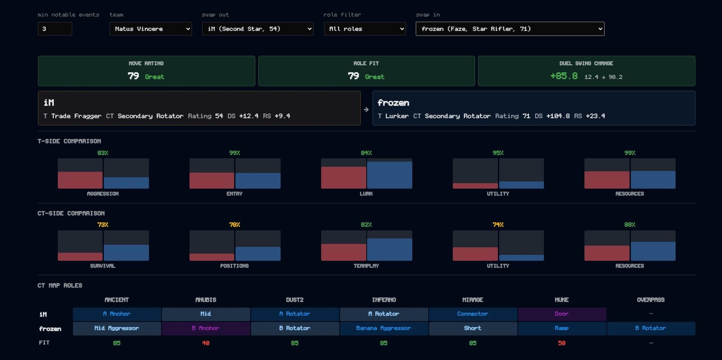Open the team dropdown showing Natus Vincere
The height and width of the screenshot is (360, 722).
151,29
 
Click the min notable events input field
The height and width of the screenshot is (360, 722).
55,29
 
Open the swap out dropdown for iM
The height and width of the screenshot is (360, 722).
258,29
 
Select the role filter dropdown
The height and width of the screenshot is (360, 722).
365,29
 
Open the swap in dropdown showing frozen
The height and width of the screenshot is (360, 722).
510,29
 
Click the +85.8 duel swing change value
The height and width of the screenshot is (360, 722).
564,76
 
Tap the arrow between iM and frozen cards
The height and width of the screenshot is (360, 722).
366,110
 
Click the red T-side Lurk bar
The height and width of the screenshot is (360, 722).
343,178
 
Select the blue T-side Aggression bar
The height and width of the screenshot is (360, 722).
126,183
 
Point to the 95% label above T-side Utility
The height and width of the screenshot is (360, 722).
498,153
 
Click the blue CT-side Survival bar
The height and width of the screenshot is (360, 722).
126,253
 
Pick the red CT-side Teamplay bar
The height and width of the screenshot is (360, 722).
343,252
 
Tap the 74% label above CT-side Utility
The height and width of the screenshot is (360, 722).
498,225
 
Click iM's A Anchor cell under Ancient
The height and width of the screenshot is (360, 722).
117,314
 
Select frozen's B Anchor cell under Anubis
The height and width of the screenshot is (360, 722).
206,328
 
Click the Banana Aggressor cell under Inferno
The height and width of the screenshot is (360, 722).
384,328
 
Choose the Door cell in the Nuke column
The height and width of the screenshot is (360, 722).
561,314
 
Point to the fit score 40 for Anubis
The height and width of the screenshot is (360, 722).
206,343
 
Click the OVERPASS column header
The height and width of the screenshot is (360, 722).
650,300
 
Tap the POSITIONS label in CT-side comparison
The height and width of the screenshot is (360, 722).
234,266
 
